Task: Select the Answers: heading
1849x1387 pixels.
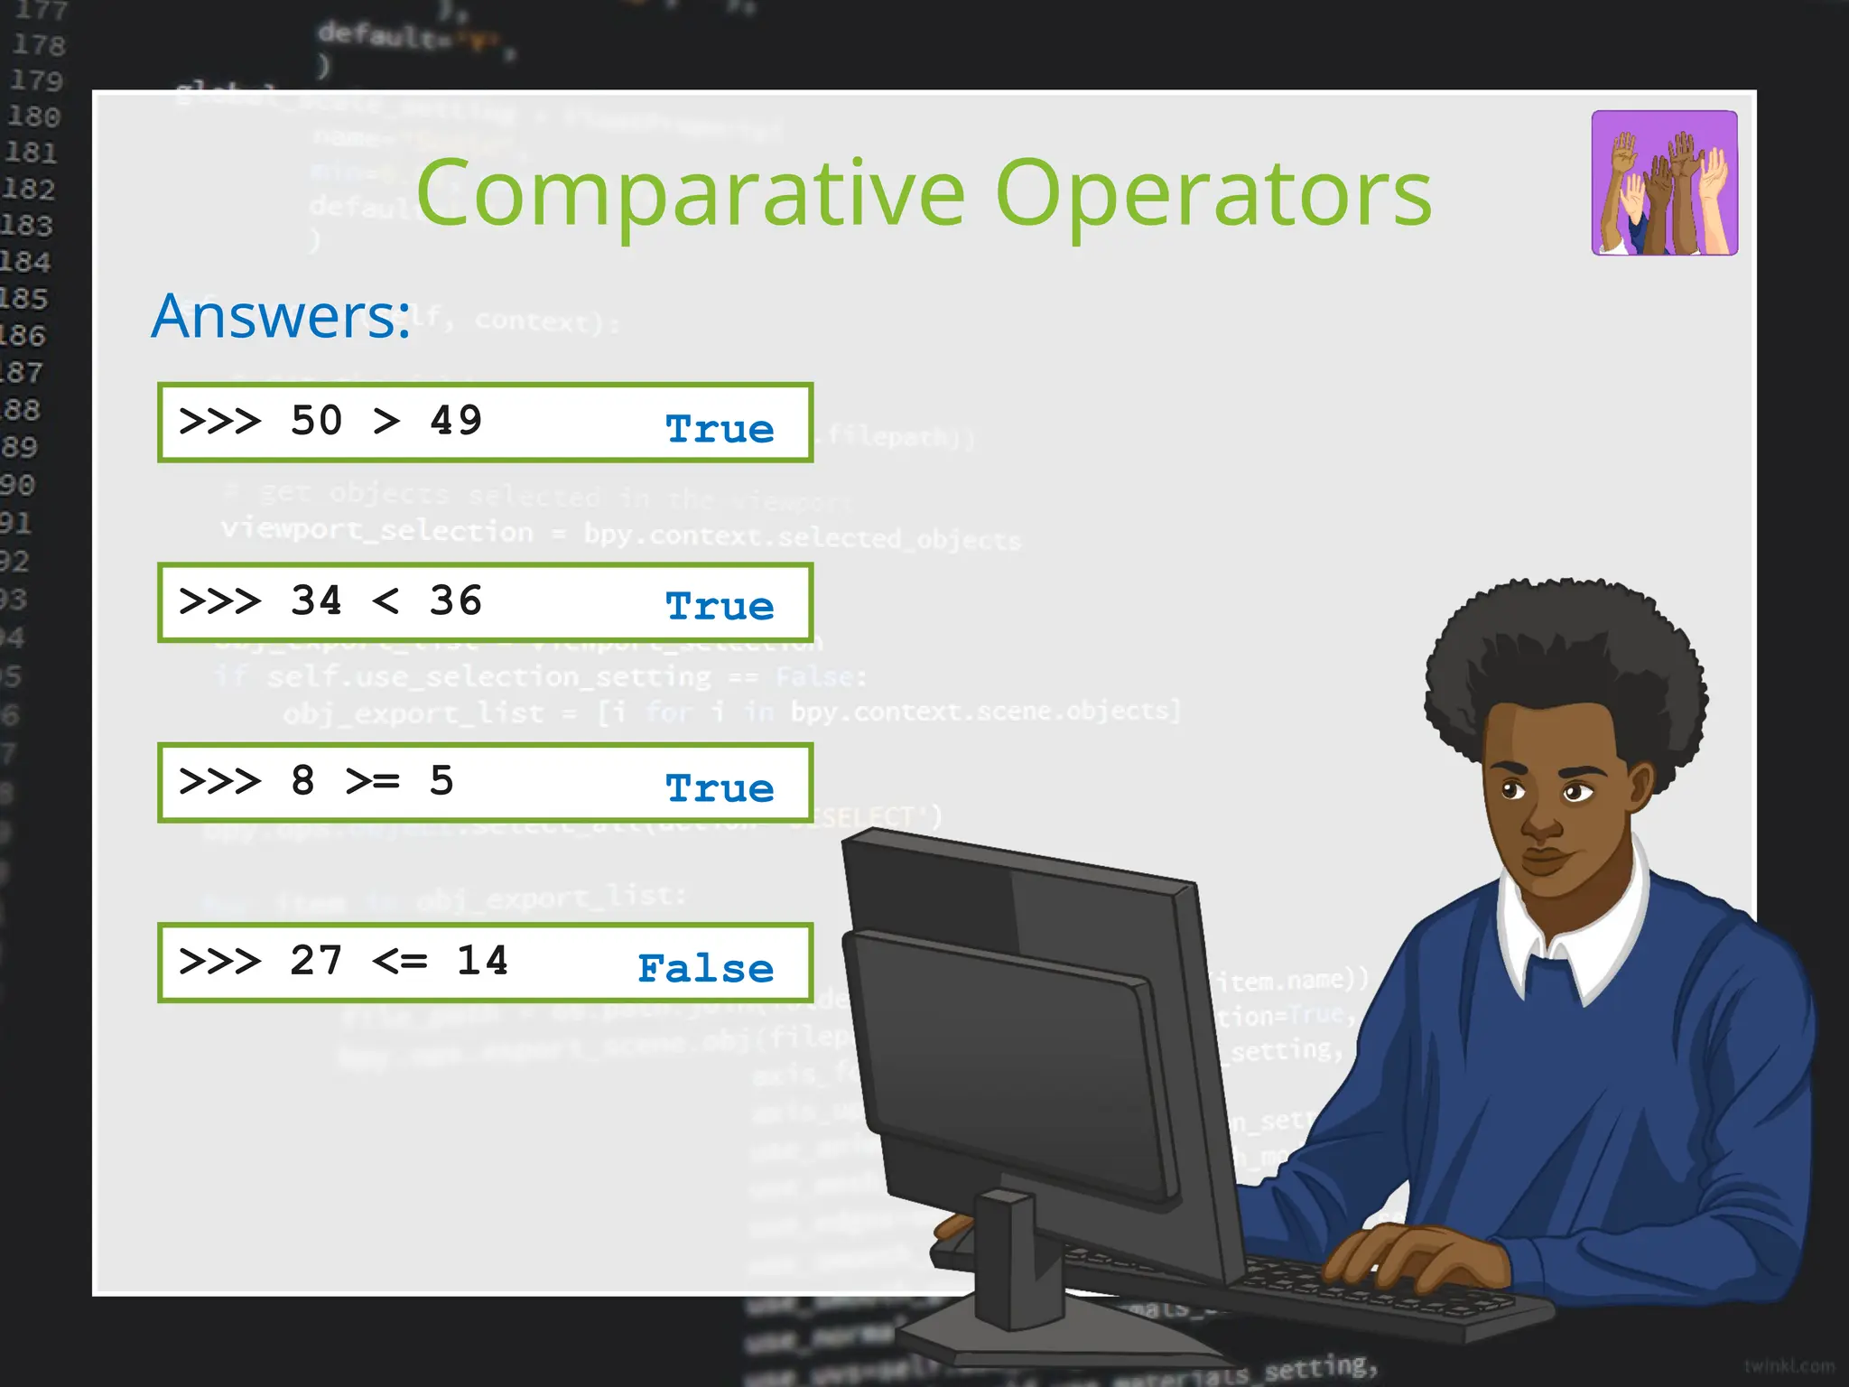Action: [x=281, y=316]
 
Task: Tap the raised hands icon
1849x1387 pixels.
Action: [x=1664, y=183]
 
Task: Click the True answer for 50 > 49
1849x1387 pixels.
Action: [x=720, y=429]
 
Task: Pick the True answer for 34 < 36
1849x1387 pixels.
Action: [x=720, y=606]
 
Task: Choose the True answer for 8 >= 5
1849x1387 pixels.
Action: [x=720, y=788]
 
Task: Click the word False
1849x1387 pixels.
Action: [x=705, y=968]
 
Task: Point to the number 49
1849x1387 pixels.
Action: [x=456, y=421]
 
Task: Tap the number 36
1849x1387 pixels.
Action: [x=456, y=601]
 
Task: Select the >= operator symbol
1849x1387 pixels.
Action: [x=372, y=781]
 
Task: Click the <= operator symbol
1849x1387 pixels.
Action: [x=399, y=961]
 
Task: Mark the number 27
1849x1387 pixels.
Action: [x=316, y=961]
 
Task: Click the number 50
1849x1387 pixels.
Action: [x=316, y=421]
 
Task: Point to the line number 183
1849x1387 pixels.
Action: [x=27, y=225]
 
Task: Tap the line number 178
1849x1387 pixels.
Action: [x=38, y=45]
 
